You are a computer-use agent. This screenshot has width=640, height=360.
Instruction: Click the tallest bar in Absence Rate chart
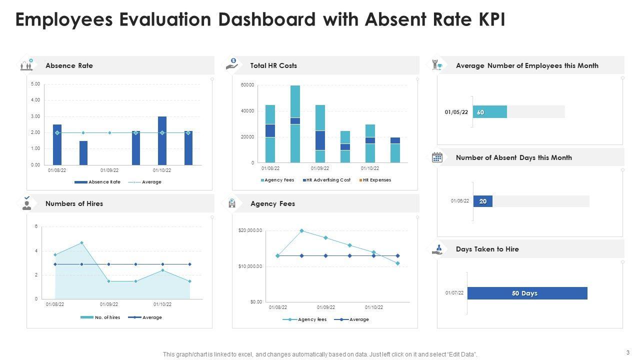162,140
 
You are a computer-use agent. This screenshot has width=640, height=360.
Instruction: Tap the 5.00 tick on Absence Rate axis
35,84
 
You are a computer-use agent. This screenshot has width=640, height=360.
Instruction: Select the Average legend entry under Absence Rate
151,182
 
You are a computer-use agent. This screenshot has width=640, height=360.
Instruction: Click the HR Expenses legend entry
376,180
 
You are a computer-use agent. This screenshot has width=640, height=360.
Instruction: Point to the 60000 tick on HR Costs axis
247,85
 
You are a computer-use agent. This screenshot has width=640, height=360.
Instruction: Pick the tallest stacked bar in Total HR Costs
295,124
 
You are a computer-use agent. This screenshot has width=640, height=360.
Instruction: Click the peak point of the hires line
81,243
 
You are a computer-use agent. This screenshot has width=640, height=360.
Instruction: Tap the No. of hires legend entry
107,317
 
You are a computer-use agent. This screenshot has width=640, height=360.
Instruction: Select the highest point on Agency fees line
301,230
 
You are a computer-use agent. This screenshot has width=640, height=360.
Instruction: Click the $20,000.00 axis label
250,230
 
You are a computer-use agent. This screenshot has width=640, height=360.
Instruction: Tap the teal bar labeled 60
490,112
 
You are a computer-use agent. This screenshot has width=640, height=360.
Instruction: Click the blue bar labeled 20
483,201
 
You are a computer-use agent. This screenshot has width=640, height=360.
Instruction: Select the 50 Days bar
527,293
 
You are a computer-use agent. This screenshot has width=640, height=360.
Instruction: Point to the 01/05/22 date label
456,112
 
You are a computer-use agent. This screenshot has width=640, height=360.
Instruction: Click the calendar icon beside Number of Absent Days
437,157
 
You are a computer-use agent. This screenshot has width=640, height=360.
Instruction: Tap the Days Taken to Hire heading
487,249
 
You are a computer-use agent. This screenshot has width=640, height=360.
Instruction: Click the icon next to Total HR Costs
232,64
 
